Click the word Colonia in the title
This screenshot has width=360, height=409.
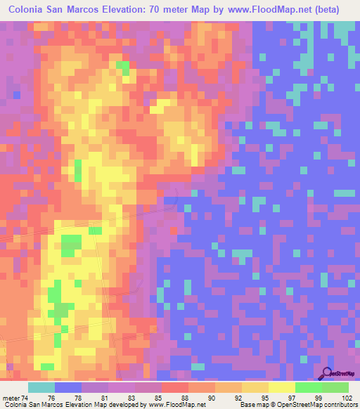pyautogui.click(x=31, y=10)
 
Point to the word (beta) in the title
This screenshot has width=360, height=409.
pyautogui.click(x=323, y=10)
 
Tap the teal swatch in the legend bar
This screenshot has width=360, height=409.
pyautogui.click(x=41, y=387)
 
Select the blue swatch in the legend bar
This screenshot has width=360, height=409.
pyautogui.click(x=67, y=387)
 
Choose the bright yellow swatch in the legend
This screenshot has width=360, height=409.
pyautogui.click(x=281, y=387)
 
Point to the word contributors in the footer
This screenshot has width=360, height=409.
pyautogui.click(x=338, y=404)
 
